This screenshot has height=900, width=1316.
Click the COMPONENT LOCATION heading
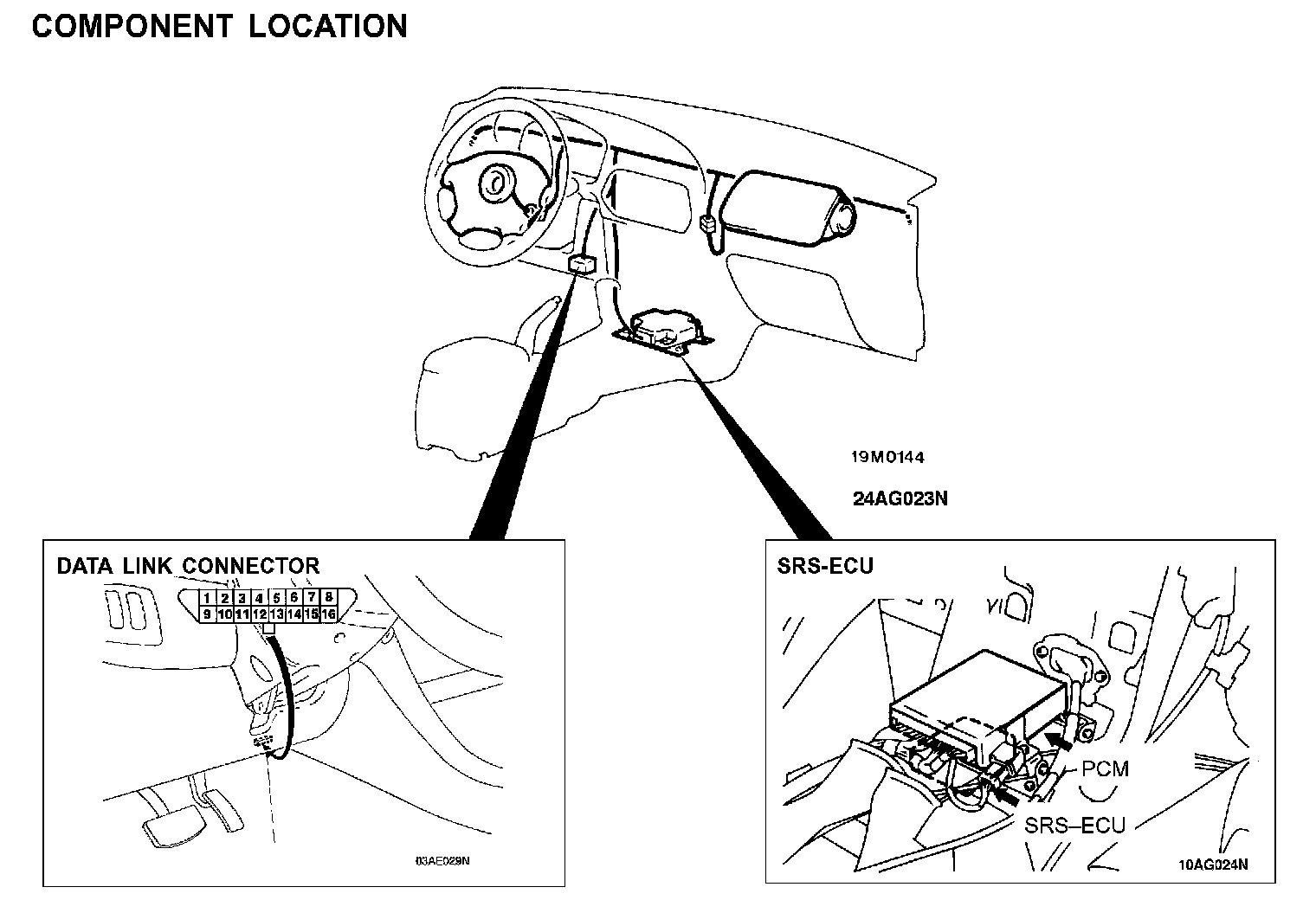tap(219, 27)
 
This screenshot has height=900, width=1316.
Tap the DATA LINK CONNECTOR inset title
tap(188, 566)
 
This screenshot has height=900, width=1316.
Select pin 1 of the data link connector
tap(207, 598)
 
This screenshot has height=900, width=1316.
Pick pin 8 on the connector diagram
tap(329, 597)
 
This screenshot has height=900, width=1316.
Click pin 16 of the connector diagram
tap(328, 614)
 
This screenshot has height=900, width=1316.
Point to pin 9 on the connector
tap(207, 614)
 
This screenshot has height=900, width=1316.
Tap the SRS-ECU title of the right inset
tap(825, 566)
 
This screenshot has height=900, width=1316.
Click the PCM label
tap(1106, 768)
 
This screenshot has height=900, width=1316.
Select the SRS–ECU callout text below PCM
tap(1075, 824)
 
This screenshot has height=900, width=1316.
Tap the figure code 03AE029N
tap(442, 861)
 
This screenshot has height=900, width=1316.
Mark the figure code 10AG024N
tap(1213, 864)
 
